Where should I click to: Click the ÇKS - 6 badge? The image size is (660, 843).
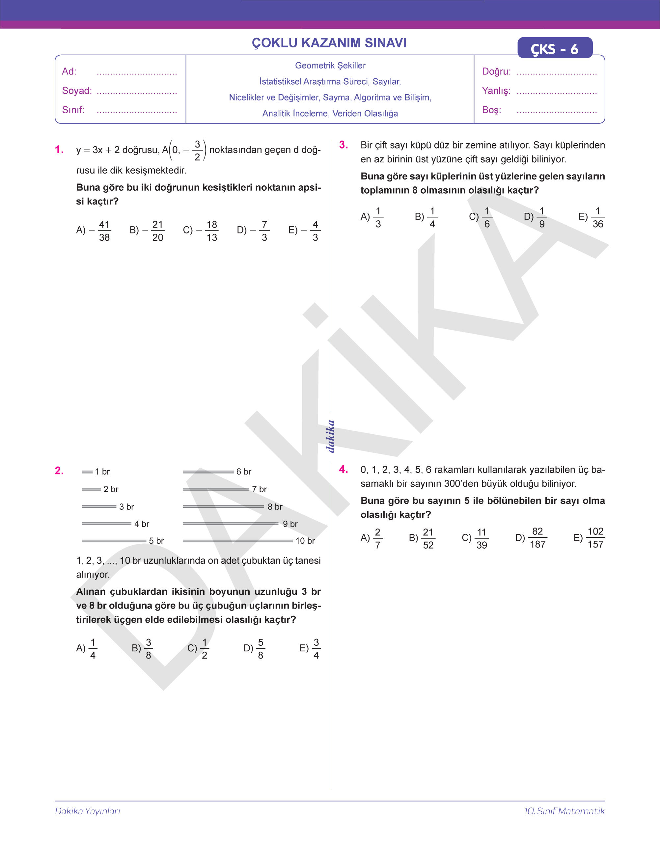pos(555,48)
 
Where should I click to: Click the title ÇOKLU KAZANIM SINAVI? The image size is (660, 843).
pos(329,42)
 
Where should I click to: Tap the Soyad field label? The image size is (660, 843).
pos(77,91)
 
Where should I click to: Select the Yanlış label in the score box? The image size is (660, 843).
pos(496,91)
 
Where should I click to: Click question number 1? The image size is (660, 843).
pos(59,150)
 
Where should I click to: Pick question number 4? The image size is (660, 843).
pos(343,469)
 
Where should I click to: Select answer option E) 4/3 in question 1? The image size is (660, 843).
pos(305,231)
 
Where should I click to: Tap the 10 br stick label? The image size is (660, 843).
pos(305,541)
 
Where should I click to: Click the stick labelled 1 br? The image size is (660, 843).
pos(87,472)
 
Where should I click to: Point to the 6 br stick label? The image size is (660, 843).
pos(244,472)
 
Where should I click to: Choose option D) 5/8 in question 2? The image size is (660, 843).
pos(254,648)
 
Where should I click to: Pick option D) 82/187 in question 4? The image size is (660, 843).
pos(531,538)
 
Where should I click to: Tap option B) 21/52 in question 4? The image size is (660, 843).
pos(422,538)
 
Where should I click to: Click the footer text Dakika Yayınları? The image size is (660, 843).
pos(88,811)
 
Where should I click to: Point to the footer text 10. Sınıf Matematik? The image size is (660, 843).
pos(564,811)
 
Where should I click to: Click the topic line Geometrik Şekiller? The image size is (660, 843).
pos(330,66)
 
